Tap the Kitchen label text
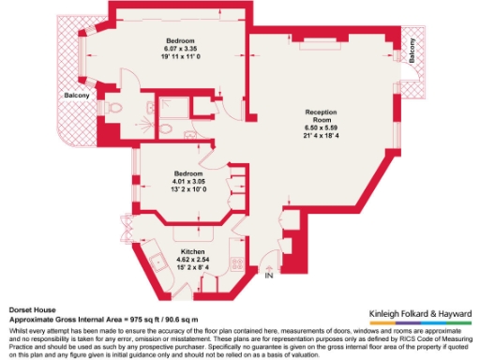(192, 253)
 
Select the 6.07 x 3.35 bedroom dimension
(180, 48)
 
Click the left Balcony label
(77, 96)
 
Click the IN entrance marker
(269, 276)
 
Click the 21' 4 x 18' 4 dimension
(320, 139)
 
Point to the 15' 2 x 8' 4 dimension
(192, 268)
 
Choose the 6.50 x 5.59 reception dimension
(320, 129)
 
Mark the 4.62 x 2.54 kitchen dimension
(192, 261)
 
